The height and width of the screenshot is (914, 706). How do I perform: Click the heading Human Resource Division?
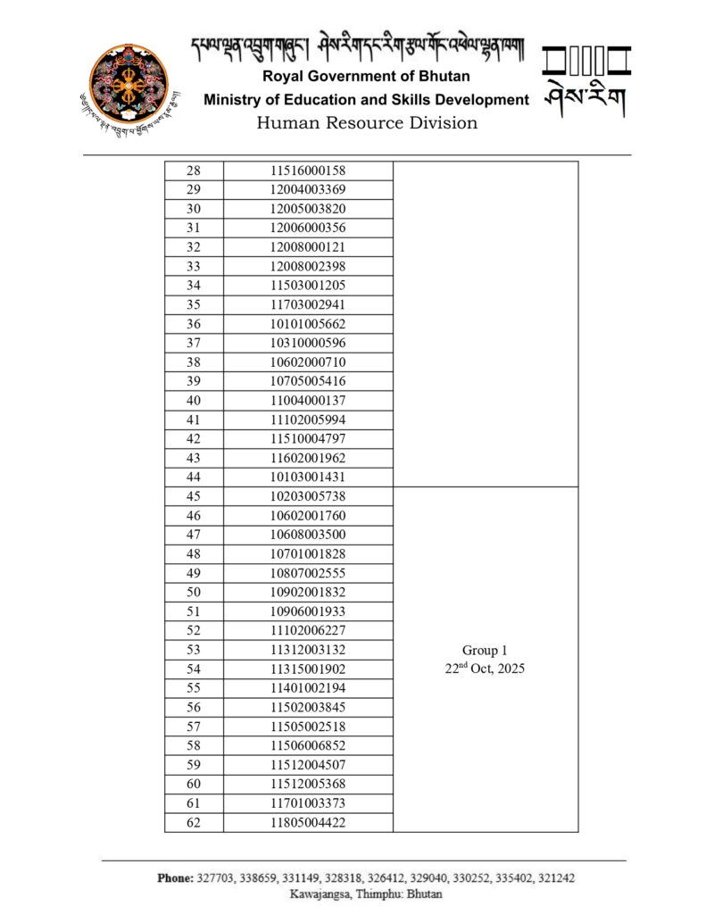pos(367,123)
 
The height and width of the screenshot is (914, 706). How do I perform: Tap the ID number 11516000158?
pos(308,170)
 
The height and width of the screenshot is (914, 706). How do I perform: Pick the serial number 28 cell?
pos(194,170)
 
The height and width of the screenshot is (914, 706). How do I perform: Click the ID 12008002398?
pos(308,266)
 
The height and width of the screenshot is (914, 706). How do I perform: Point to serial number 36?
pos(194,324)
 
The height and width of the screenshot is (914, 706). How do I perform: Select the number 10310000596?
pos(308,343)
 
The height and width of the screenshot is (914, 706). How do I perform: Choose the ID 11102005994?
pos(308,420)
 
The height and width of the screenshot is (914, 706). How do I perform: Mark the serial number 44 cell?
pos(194,477)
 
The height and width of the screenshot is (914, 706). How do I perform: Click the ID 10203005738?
pos(308,496)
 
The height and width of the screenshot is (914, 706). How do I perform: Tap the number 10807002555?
pos(308,573)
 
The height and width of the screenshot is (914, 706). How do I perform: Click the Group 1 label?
pos(485,651)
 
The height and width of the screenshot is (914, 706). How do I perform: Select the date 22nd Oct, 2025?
pos(485,669)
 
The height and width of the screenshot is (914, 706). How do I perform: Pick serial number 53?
pos(194,650)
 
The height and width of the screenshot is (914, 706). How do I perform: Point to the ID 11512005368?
pos(308,784)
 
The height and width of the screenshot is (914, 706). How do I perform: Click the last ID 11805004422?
pos(308,822)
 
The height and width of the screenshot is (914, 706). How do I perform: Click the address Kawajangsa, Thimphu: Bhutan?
pos(366,893)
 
